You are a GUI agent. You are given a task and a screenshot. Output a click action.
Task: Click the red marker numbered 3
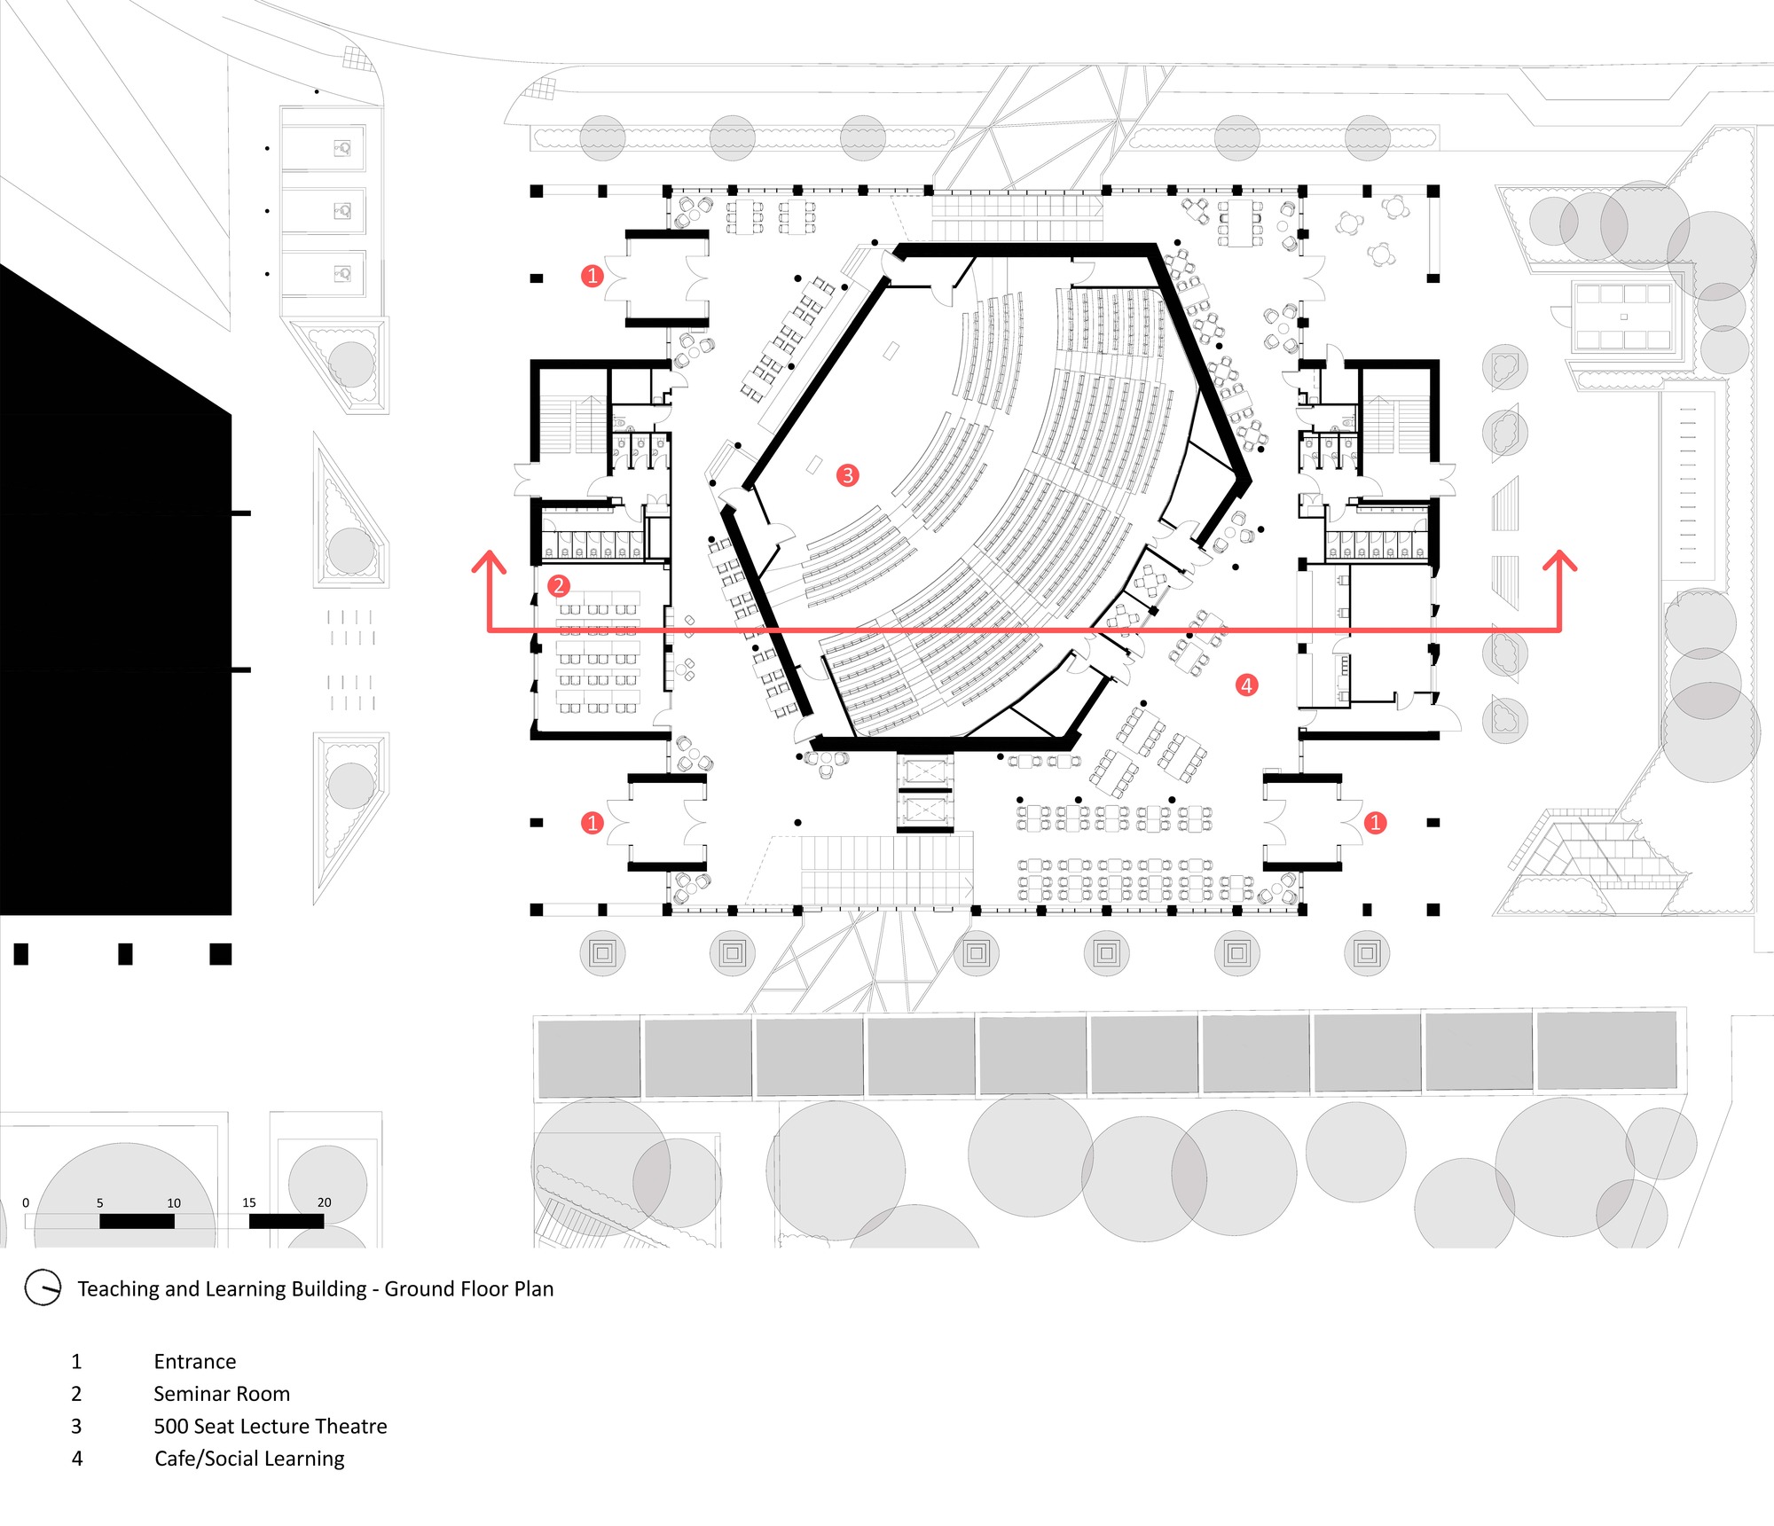click(847, 475)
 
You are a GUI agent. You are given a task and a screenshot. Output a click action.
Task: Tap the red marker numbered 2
click(558, 585)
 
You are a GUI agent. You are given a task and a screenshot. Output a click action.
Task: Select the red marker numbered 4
click(1246, 685)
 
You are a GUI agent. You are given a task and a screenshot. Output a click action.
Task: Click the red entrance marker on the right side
click(1375, 823)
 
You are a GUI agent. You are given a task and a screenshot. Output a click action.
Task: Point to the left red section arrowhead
click(489, 561)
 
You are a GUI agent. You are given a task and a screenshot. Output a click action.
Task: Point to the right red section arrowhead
click(1560, 561)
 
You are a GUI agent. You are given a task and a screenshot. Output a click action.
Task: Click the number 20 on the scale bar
click(324, 1202)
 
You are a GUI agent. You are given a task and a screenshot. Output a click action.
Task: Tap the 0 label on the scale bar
click(26, 1202)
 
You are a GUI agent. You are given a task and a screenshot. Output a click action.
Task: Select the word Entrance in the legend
click(194, 1361)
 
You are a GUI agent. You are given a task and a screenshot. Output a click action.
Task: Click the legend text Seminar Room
click(222, 1394)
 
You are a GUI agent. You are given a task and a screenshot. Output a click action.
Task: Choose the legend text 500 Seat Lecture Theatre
click(271, 1426)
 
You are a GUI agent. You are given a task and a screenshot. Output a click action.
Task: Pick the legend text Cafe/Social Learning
click(249, 1459)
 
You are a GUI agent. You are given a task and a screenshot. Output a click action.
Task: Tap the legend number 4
click(77, 1459)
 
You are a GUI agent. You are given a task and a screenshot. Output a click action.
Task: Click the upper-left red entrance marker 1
click(593, 276)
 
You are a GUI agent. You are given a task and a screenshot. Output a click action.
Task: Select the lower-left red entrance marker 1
click(593, 823)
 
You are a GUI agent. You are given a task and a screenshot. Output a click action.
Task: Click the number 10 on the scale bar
click(174, 1202)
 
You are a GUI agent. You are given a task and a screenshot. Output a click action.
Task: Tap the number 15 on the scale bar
click(249, 1202)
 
